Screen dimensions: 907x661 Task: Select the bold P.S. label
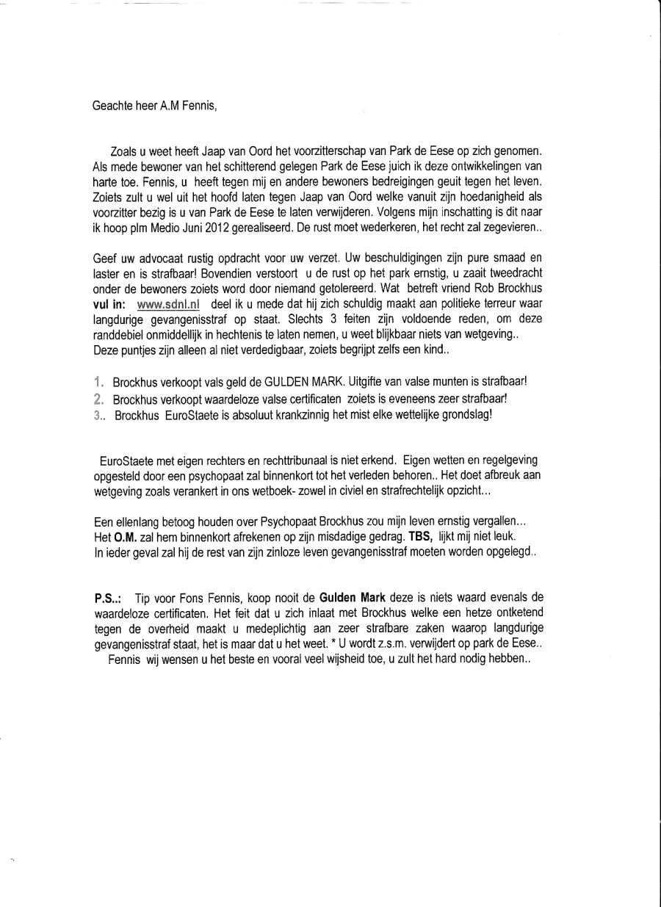pos(108,597)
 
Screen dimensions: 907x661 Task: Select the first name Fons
pos(211,597)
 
